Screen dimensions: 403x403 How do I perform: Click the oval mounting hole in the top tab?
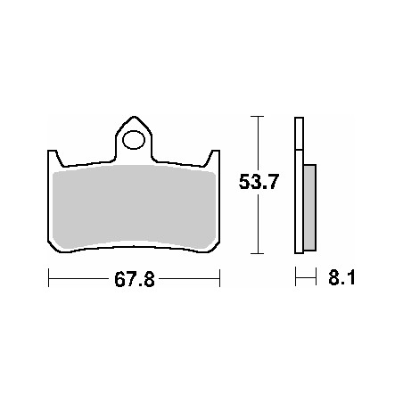pyautogui.click(x=134, y=140)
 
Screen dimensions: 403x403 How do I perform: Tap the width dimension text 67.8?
pyautogui.click(x=134, y=280)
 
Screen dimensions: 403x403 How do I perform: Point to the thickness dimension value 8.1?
pyautogui.click(x=340, y=279)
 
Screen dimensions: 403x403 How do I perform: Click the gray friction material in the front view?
pyautogui.click(x=134, y=206)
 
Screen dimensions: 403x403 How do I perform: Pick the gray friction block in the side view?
pyautogui.click(x=309, y=208)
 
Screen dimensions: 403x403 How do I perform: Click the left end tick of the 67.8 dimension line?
pyautogui.click(x=48, y=279)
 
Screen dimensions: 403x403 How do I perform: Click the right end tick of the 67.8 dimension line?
pyautogui.click(x=219, y=279)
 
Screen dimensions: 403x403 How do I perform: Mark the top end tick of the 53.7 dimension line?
pyautogui.click(x=257, y=116)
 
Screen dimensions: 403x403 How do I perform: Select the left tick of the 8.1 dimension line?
pyautogui.click(x=296, y=279)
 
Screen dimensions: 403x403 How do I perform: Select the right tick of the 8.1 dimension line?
pyautogui.click(x=317, y=279)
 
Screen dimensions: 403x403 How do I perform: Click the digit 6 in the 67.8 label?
pyautogui.click(x=118, y=280)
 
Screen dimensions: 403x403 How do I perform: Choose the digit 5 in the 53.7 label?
pyautogui.click(x=243, y=185)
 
